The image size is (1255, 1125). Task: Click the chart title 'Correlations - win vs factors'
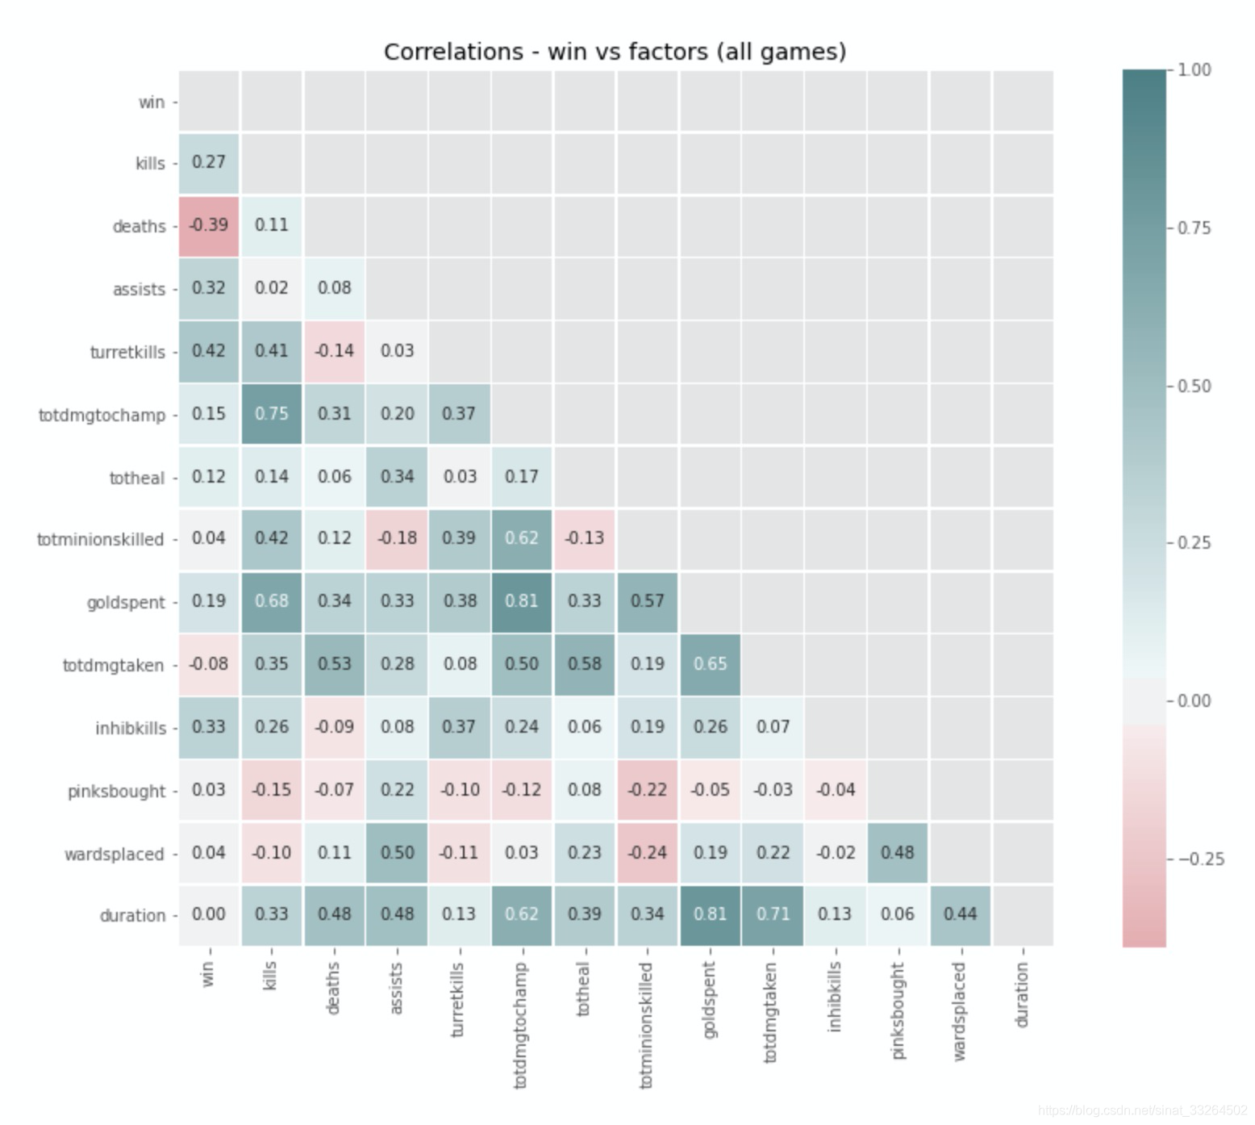point(615,52)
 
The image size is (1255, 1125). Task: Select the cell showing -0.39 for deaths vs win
point(209,225)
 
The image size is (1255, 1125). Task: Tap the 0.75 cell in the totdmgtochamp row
point(272,414)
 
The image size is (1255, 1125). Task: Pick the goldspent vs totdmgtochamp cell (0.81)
point(522,601)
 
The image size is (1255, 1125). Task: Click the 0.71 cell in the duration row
point(773,914)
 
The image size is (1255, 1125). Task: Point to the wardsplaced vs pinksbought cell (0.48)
point(898,853)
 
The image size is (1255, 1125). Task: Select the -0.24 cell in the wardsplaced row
point(647,853)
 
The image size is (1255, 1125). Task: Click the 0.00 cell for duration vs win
point(209,914)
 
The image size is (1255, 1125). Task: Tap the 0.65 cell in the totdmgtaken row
point(710,664)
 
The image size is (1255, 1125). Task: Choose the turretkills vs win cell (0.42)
point(209,351)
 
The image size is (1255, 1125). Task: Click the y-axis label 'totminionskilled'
point(100,539)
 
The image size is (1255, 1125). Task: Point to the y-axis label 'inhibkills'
point(131,728)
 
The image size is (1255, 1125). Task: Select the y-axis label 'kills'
point(150,163)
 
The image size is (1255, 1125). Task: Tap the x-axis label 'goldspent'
point(709,1000)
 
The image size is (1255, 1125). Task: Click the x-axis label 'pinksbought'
point(898,1011)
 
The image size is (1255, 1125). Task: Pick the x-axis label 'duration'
point(1022,995)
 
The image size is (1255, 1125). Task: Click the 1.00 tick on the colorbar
point(1195,70)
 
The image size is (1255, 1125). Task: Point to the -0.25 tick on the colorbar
point(1201,859)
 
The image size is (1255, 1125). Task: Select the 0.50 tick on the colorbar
point(1195,386)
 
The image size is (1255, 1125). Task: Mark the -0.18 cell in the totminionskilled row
point(397,538)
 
